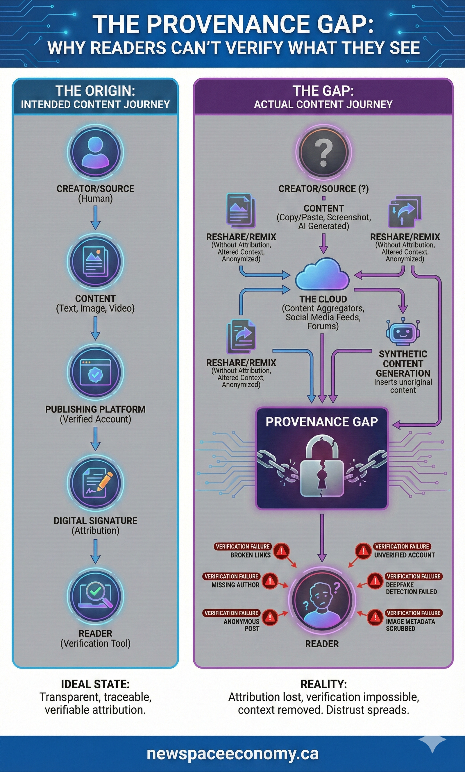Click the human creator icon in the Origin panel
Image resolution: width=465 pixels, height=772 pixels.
95,152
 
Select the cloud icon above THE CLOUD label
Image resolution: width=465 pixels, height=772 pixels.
322,274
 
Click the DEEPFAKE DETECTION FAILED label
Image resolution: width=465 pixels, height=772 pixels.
411,588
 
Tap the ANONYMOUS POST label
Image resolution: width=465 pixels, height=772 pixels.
241,625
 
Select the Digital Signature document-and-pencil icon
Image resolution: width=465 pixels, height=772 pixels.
95,483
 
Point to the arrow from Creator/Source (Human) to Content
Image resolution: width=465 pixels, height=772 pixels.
95,218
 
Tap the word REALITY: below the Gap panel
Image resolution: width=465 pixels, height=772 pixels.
323,684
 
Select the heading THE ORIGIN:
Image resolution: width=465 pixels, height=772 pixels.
95,91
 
